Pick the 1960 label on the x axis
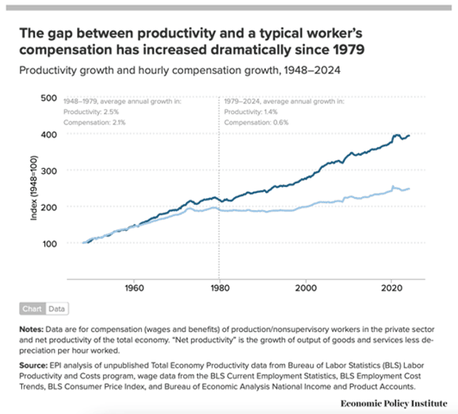pos(134,287)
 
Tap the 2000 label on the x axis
pos(306,287)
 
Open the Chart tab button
pos(31,308)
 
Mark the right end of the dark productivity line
pos(409,135)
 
